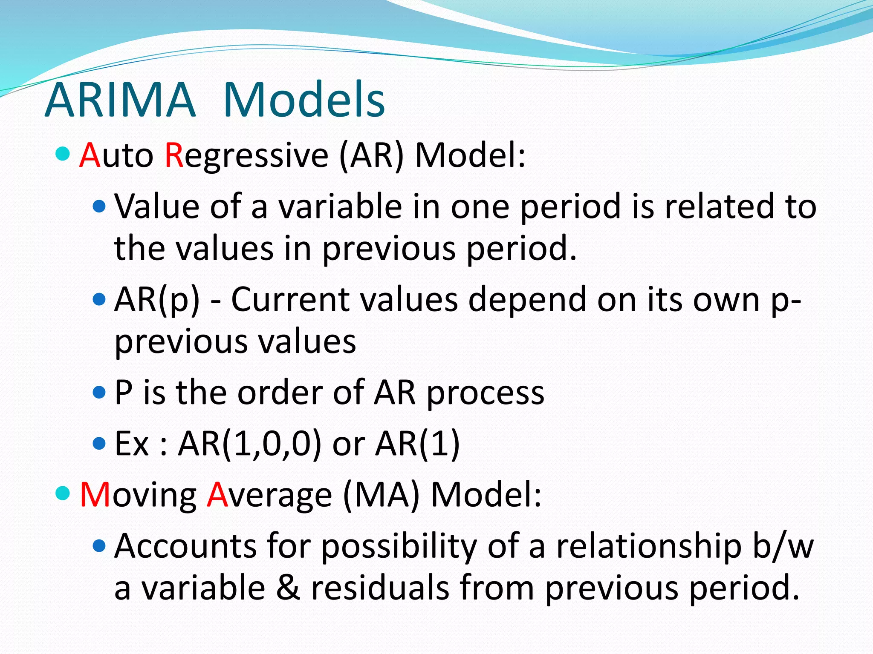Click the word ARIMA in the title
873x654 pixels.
(120, 100)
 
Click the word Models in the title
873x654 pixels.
(304, 100)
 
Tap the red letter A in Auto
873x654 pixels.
(90, 155)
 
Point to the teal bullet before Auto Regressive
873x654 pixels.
(63, 154)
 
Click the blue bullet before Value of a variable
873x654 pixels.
(99, 207)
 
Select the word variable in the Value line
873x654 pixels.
(340, 207)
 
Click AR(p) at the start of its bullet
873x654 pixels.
(157, 300)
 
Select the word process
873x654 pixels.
(486, 393)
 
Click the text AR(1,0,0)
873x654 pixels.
(249, 444)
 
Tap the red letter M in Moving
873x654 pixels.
(95, 495)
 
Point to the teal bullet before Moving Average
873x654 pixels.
(63, 493)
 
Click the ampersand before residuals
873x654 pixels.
(288, 588)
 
